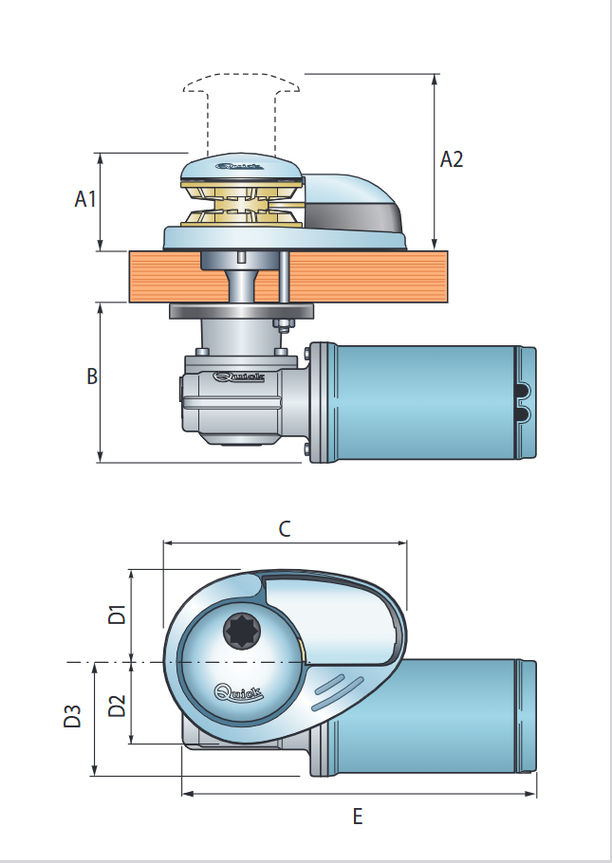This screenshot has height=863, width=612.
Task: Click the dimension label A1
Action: [x=86, y=199]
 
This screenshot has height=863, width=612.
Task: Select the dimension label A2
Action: [x=452, y=159]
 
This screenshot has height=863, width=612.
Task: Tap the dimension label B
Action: [x=92, y=376]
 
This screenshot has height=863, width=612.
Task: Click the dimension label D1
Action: [x=117, y=615]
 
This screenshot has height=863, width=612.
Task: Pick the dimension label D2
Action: [x=117, y=706]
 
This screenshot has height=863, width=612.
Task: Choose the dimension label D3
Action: [x=72, y=716]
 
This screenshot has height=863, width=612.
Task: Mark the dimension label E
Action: [x=358, y=816]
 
